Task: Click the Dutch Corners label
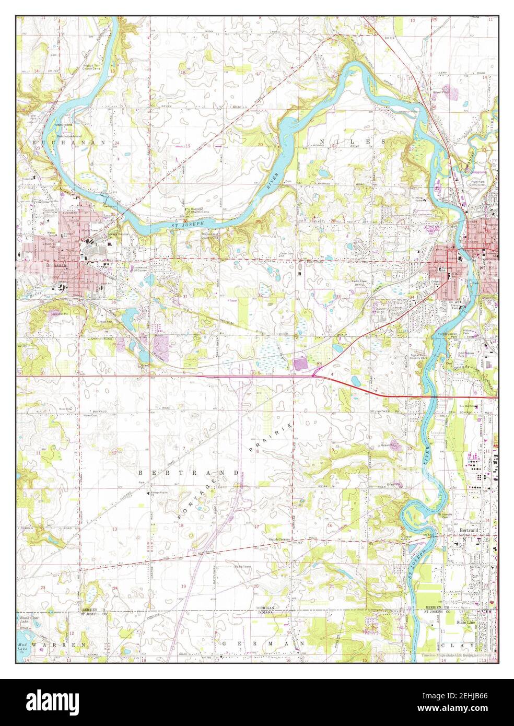tap(279, 540)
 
